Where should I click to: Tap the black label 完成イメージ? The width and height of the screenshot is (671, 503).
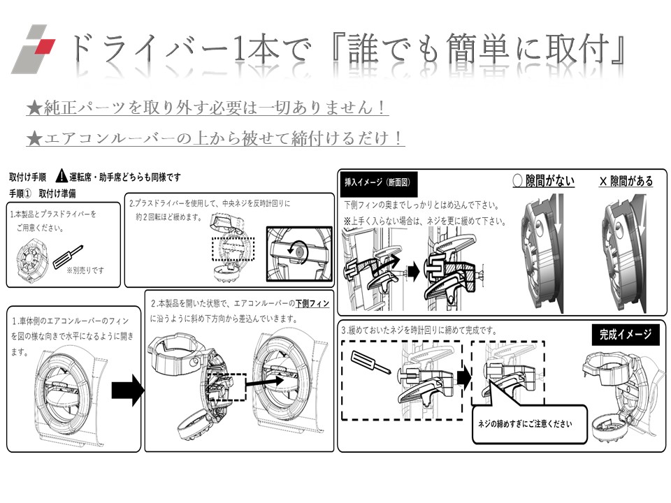tap(625, 334)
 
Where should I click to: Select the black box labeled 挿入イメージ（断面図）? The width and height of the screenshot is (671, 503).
tap(377, 183)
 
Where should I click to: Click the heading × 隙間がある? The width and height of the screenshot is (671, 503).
tap(626, 181)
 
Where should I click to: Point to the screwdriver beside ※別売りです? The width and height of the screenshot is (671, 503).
tap(73, 248)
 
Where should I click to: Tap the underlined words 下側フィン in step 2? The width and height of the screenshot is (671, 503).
tap(312, 304)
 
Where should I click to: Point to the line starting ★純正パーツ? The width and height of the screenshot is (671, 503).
tap(207, 108)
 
